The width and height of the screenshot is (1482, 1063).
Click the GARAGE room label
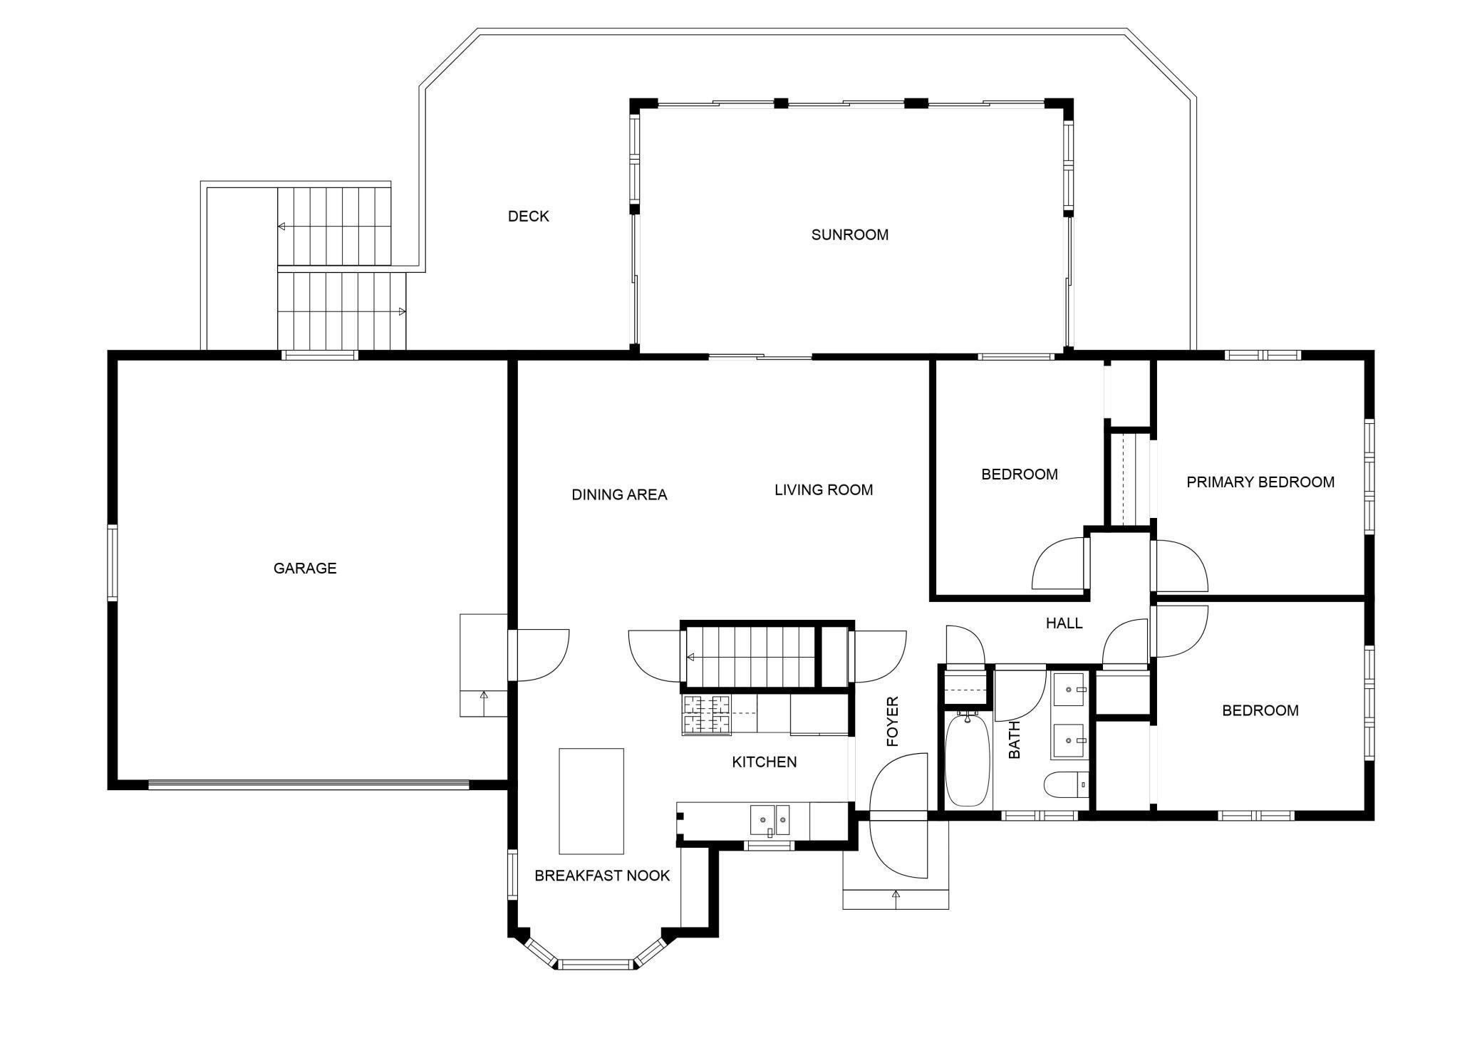(305, 568)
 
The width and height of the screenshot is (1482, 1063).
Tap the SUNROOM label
(850, 234)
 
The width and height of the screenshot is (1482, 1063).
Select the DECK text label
(529, 216)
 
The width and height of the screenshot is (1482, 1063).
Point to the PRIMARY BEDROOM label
(1260, 482)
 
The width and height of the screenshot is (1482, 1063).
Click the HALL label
(1064, 623)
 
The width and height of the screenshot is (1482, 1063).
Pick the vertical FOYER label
(893, 721)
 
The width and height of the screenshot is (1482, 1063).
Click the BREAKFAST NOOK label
(602, 876)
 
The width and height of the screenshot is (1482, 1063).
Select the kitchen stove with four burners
(708, 715)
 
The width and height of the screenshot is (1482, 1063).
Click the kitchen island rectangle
(591, 801)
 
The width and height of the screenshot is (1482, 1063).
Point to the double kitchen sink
(770, 820)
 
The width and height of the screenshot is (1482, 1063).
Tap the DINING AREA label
(619, 494)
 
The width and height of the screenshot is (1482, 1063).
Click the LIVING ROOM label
(824, 489)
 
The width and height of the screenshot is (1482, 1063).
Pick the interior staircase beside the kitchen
(750, 657)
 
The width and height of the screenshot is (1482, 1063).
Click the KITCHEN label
(765, 762)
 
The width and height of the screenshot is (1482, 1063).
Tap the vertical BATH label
(1015, 740)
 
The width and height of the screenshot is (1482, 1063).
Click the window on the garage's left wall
(112, 562)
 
